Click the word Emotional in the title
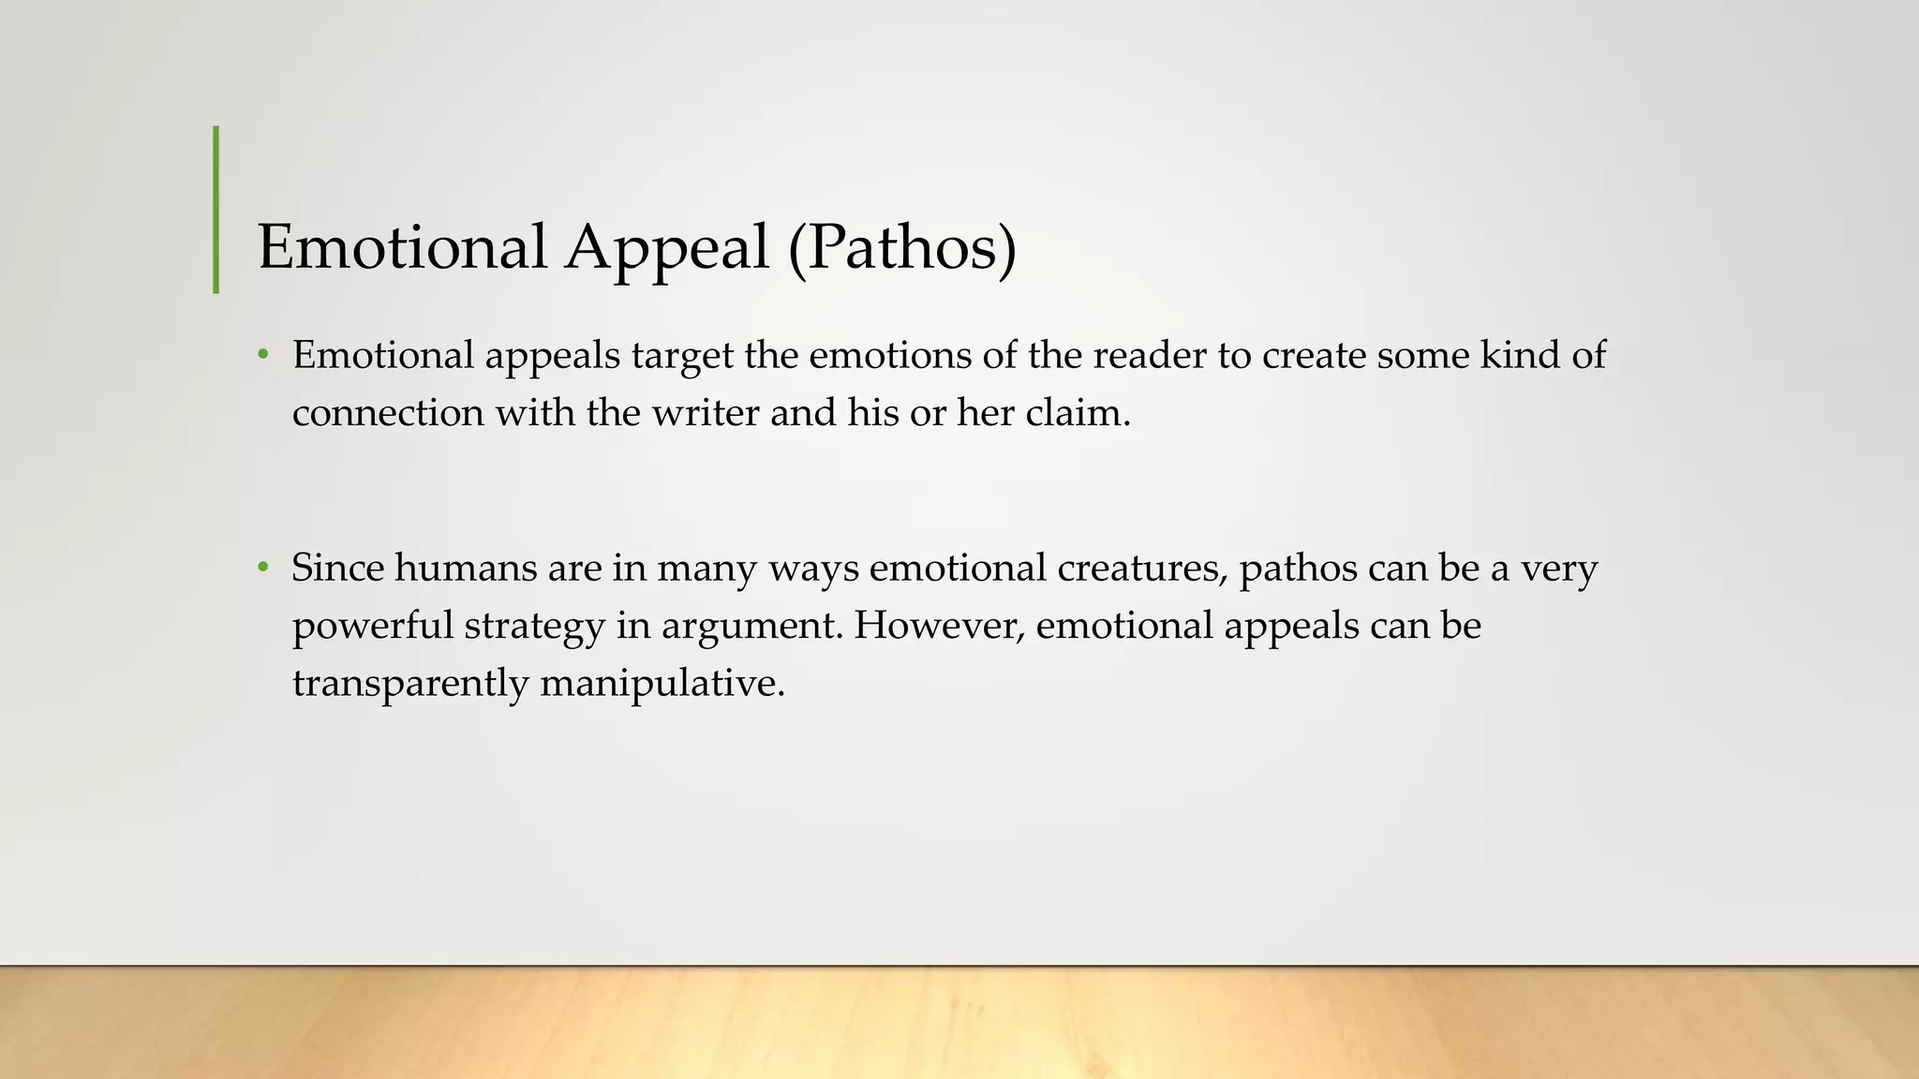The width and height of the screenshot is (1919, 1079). [x=402, y=247]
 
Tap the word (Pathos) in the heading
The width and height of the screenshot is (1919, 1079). [x=902, y=247]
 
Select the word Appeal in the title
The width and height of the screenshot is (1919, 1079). [x=666, y=247]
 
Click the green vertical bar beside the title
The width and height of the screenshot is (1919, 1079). [x=216, y=210]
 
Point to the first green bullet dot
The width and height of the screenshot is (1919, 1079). [x=264, y=356]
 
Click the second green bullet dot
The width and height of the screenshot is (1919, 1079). [x=264, y=568]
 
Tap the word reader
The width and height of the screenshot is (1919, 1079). [x=1150, y=356]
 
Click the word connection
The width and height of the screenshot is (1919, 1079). [x=388, y=413]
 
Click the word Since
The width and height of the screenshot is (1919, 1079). [x=337, y=568]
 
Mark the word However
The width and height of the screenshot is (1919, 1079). [x=939, y=626]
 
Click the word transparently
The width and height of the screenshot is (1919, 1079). [x=410, y=683]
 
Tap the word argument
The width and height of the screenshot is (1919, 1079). [x=750, y=626]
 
